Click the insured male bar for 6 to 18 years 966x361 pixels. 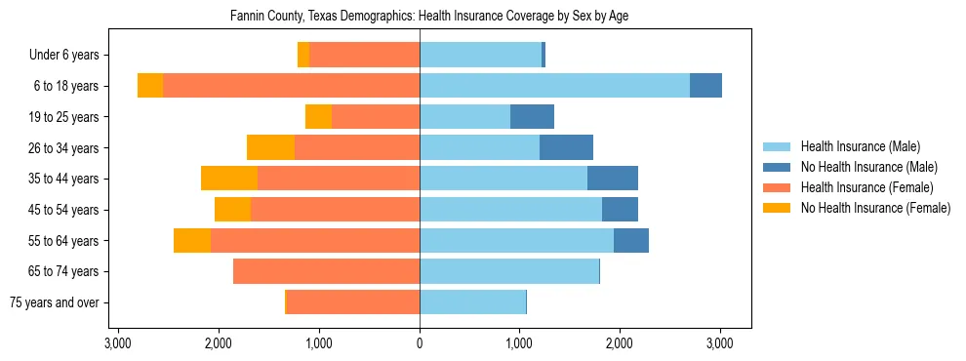(554, 85)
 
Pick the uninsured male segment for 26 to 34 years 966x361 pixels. (566, 147)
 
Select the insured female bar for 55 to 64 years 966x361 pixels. (314, 240)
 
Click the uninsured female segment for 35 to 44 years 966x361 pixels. (229, 179)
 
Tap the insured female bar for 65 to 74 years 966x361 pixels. (326, 271)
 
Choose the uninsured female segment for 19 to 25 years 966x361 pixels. (318, 117)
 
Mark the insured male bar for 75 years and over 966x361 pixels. (472, 302)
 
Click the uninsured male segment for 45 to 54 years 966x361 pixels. (620, 209)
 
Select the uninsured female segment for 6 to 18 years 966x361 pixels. (150, 85)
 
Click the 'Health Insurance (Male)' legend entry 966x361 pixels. (860, 146)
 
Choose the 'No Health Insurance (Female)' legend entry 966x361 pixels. (875, 208)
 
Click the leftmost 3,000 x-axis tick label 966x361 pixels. (117, 344)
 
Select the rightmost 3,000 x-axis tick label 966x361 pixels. (719, 344)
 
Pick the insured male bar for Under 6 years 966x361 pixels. (480, 55)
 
